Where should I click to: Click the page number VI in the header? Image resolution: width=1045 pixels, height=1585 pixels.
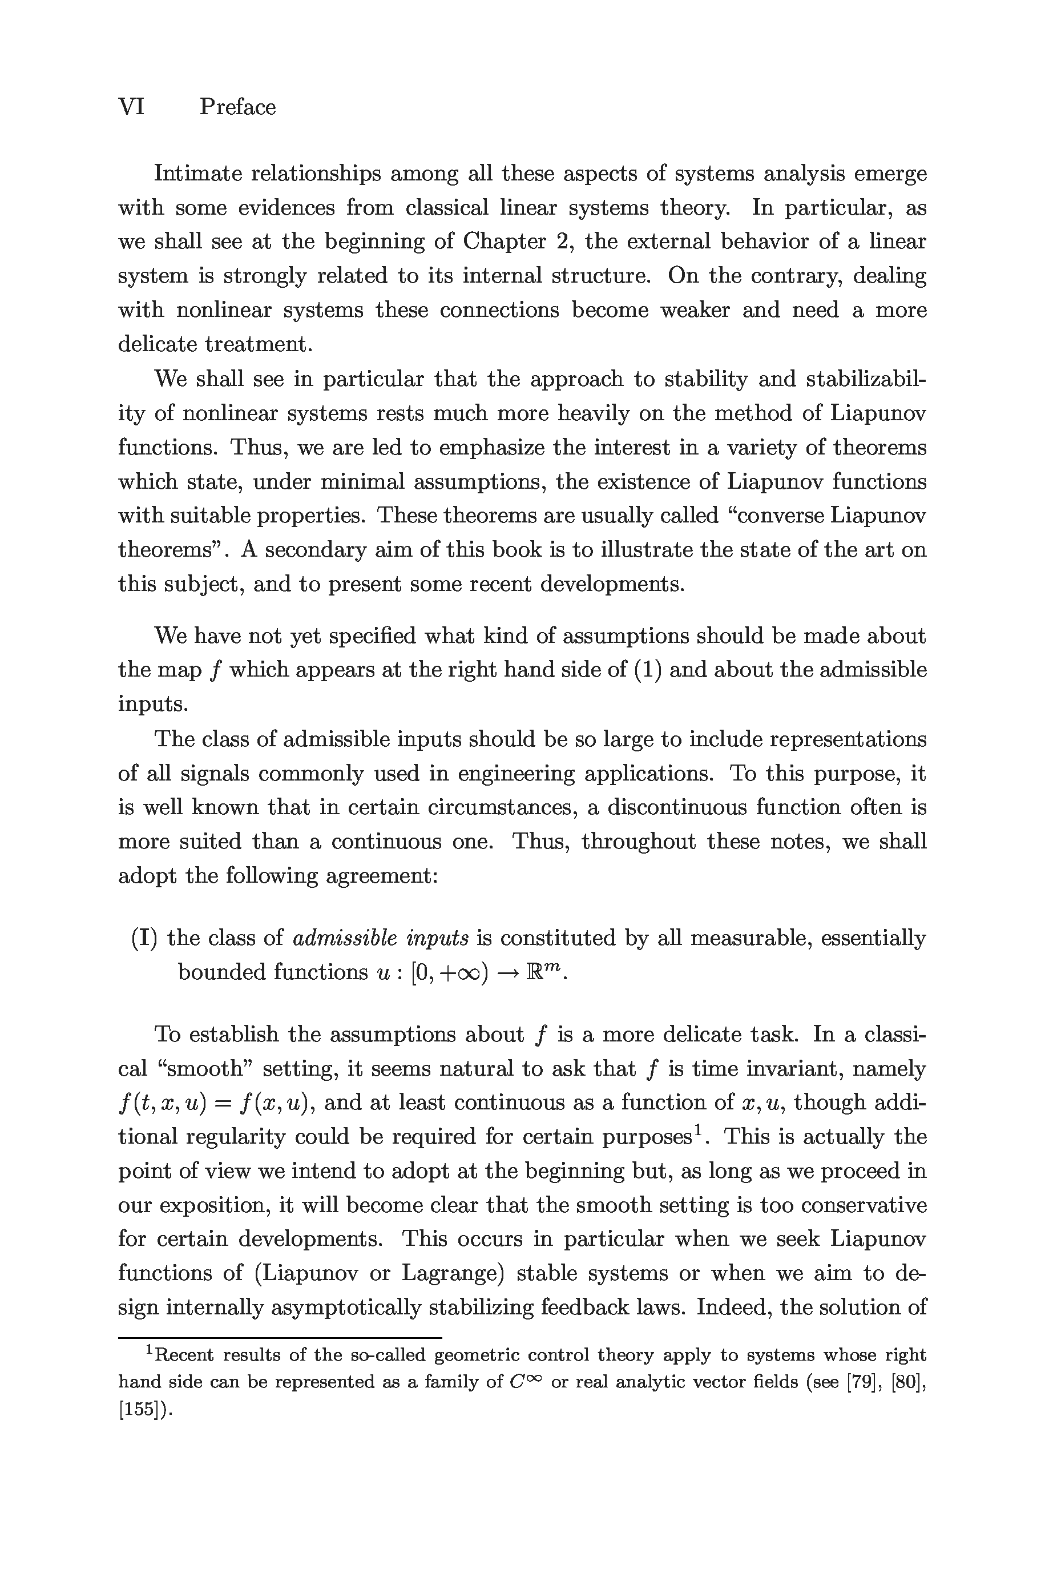click(131, 107)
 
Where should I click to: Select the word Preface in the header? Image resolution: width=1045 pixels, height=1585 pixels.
click(237, 107)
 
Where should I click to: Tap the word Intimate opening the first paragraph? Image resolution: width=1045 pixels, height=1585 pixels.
click(197, 174)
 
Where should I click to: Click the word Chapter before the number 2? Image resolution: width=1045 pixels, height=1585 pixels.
click(504, 242)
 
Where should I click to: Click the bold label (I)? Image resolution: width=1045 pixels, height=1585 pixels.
click(144, 939)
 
